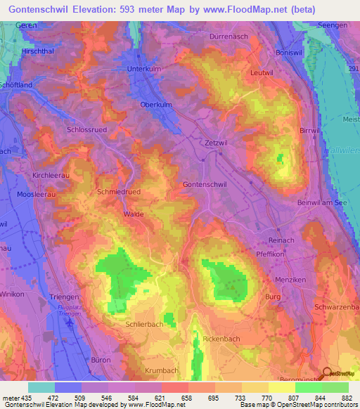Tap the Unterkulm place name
[x=144, y=69]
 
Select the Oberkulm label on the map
[x=156, y=105]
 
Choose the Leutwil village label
[x=261, y=72]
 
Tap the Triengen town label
[x=64, y=297]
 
